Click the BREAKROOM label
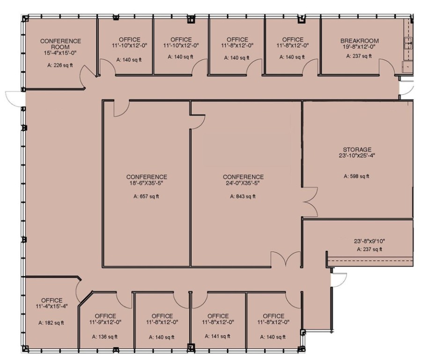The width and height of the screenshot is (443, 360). coord(359,41)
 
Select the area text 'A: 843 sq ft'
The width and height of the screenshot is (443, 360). coord(243,197)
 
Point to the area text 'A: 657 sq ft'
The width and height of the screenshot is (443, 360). coord(146,197)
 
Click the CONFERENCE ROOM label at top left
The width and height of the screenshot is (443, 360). coord(60,44)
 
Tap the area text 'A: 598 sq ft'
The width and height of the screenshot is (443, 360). coord(356,176)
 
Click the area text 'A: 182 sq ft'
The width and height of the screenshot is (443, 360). coord(52,322)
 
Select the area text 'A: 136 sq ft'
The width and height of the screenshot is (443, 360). coord(105,337)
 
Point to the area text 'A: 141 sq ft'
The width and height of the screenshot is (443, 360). coord(218,336)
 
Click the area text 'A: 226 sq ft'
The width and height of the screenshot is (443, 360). coord(60,65)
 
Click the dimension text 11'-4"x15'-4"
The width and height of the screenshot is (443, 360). coord(52,307)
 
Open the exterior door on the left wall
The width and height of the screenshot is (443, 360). coord(14,97)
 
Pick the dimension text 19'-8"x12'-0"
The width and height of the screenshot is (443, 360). coord(359,47)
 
